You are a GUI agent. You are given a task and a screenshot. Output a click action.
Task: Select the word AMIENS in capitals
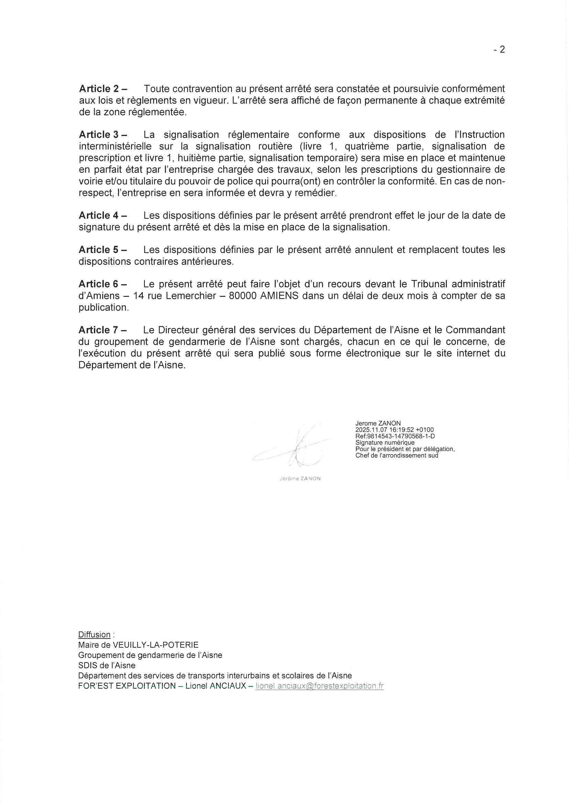(279, 295)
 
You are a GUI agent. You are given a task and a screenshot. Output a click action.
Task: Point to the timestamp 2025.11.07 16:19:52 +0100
(395, 430)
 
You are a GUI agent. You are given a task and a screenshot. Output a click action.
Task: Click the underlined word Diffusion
(94, 635)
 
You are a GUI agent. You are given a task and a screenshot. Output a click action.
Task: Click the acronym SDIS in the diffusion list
(87, 665)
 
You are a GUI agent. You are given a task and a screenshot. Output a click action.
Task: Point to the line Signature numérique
(385, 443)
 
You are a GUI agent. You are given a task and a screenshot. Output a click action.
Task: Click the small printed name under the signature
(300, 479)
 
